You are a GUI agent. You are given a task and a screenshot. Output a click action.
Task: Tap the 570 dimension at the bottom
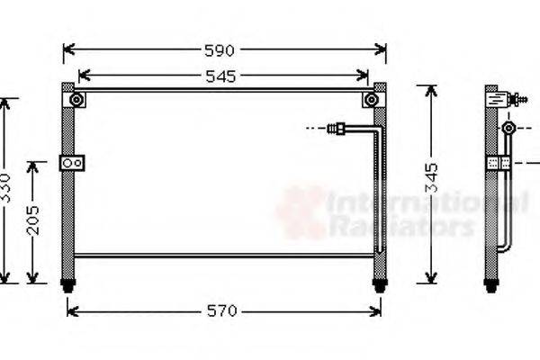pos(223,311)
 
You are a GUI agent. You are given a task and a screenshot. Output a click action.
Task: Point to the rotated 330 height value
pos(7,190)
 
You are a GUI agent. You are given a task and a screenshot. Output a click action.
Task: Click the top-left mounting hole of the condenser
pos(76,100)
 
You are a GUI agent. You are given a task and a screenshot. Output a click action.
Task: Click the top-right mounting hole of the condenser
pos(371,100)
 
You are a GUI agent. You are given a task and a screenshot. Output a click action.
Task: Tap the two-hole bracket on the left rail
pos(72,163)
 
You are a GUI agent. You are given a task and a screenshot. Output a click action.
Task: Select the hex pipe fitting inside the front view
pos(339,129)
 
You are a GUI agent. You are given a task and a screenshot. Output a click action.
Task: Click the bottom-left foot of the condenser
pos(68,285)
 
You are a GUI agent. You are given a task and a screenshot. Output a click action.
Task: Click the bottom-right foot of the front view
pos(380,285)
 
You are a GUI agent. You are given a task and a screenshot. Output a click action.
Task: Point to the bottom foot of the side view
pos(491,285)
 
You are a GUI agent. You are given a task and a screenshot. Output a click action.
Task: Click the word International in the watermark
pos(423,205)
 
